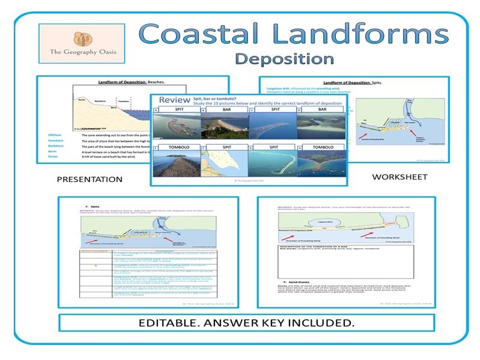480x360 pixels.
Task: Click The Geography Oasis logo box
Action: pyautogui.click(x=77, y=43)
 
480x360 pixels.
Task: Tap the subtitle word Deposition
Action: pyautogui.click(x=284, y=59)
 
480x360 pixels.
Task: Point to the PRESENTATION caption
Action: pyautogui.click(x=90, y=179)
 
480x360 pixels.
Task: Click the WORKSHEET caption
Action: pyautogui.click(x=399, y=177)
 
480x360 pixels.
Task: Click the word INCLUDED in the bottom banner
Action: pyautogui.click(x=317, y=323)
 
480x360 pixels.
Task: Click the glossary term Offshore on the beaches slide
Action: pyautogui.click(x=55, y=136)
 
